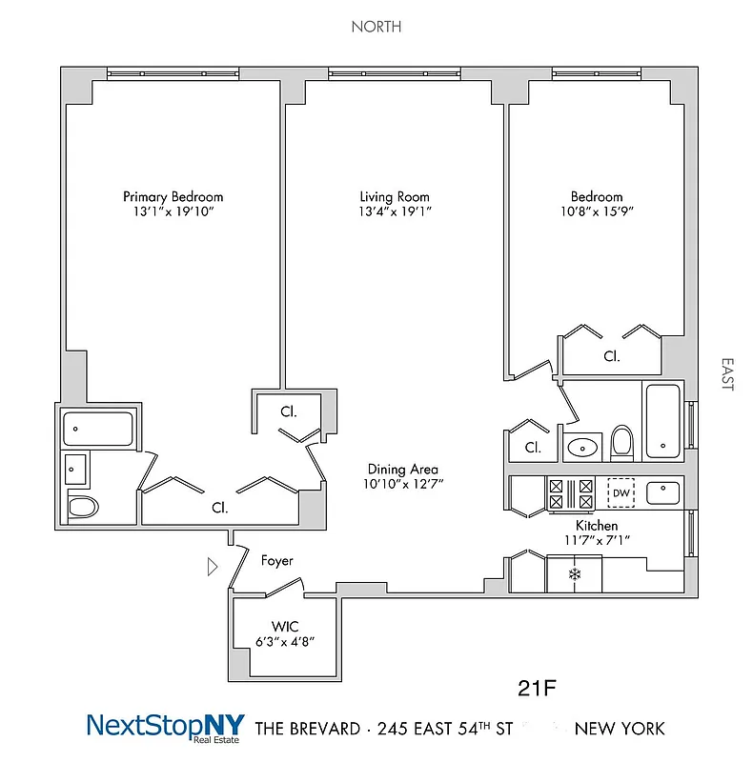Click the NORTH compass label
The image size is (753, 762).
click(376, 27)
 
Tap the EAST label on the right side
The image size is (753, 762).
click(727, 374)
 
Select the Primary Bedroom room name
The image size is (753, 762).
click(173, 196)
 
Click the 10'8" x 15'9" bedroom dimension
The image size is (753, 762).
click(598, 212)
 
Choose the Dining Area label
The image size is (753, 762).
click(403, 469)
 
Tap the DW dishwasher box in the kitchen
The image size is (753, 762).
click(621, 492)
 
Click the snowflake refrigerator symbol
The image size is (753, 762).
click(575, 573)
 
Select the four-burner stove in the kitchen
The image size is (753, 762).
click(570, 493)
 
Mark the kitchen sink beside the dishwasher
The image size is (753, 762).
click(662, 492)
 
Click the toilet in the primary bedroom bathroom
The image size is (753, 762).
click(83, 507)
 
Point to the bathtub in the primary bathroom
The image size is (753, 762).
click(97, 429)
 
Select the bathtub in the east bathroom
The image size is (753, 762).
click(661, 421)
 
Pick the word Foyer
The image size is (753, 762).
click(277, 561)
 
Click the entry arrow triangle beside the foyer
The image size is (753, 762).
click(213, 568)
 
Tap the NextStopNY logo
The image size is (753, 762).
click(166, 727)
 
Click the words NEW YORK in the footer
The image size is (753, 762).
click(620, 729)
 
